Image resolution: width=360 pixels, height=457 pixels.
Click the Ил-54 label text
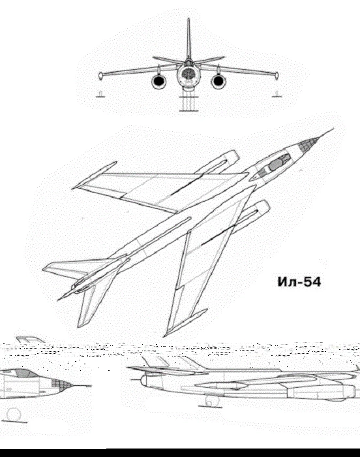pos(299,282)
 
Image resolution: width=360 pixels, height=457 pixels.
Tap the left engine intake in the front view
pos(158,82)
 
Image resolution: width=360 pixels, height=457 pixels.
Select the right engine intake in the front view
pos(218,82)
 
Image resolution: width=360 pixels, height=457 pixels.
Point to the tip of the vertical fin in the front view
pos(188,19)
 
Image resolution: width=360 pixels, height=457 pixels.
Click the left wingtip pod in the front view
pos(101,76)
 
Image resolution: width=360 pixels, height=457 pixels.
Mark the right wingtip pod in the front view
pos(277,76)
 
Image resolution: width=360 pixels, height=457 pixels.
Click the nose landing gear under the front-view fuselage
pos(188,103)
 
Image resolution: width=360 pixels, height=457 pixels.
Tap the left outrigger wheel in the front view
pos(100,94)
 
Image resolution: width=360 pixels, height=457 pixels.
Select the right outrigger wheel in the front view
pos(276,94)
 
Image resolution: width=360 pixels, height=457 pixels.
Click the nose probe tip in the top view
pos(333,129)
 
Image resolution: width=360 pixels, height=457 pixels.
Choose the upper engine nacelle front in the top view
pos(232,156)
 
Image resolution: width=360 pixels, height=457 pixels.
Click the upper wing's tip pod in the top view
pos(94,175)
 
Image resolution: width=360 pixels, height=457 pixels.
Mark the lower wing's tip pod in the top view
pos(185,323)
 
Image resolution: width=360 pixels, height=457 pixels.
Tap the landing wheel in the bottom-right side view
pos(209,402)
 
